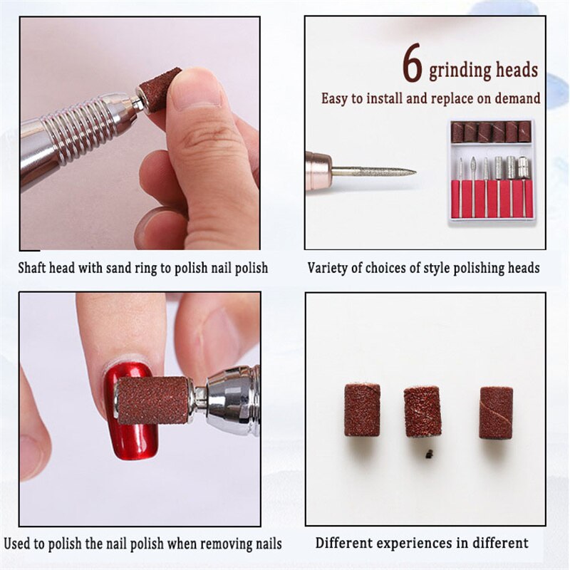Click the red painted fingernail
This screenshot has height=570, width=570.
point(127,413)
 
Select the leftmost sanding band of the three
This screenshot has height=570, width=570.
point(362,409)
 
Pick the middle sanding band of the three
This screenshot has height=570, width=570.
point(423,411)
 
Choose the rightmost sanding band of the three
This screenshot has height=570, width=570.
point(496,412)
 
